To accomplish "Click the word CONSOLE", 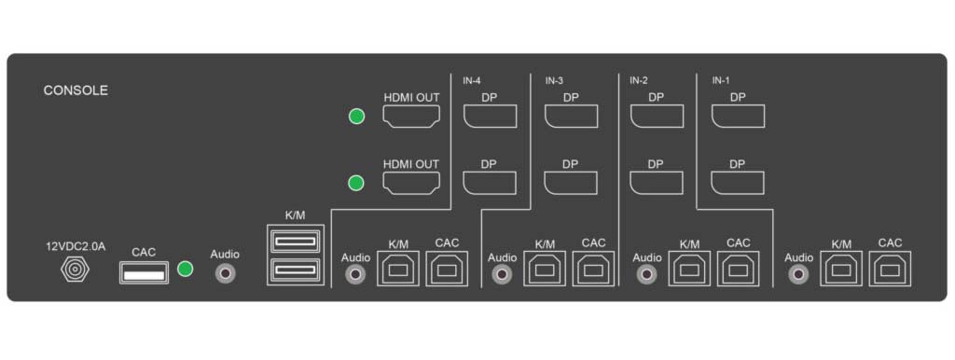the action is click(x=76, y=90).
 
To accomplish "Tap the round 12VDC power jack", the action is click(x=75, y=270).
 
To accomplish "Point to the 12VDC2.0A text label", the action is click(x=76, y=247).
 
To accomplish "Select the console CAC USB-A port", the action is click(x=144, y=272).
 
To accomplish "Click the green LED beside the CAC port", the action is click(x=186, y=269).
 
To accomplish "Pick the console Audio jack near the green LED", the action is click(x=226, y=273).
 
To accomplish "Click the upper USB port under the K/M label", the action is click(x=296, y=242).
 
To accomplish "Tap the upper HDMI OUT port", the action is click(x=411, y=117).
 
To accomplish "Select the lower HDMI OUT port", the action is click(x=411, y=183).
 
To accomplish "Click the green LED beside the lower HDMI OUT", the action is click(x=356, y=183).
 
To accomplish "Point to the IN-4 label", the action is click(x=472, y=80).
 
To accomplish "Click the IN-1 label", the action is click(x=721, y=80).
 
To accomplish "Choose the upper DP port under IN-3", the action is click(x=571, y=117).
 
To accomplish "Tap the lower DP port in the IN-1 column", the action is click(x=738, y=183).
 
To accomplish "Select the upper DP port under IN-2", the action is click(x=657, y=117).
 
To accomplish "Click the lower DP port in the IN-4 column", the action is click(x=490, y=183).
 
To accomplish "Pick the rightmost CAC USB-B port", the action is click(x=890, y=269).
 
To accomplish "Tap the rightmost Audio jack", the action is click(x=797, y=274).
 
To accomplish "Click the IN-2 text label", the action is click(x=640, y=80).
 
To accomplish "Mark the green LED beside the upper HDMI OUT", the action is click(x=356, y=117).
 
